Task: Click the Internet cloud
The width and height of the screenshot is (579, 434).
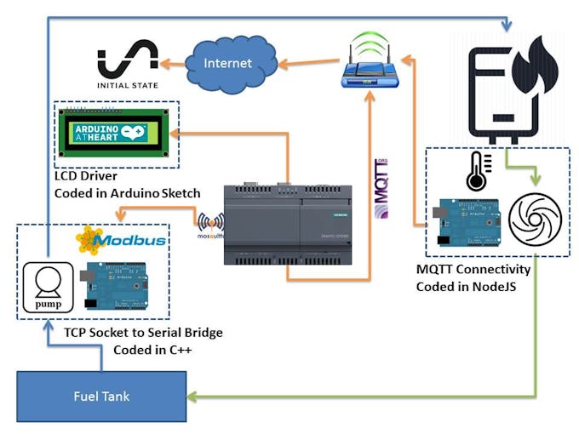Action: [229, 62]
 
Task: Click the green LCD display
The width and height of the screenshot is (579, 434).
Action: [118, 134]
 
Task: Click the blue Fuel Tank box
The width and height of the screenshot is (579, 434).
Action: [101, 397]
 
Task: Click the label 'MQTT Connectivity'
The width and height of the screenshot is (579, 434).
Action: [473, 270]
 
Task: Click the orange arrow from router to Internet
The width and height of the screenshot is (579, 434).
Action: [307, 62]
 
